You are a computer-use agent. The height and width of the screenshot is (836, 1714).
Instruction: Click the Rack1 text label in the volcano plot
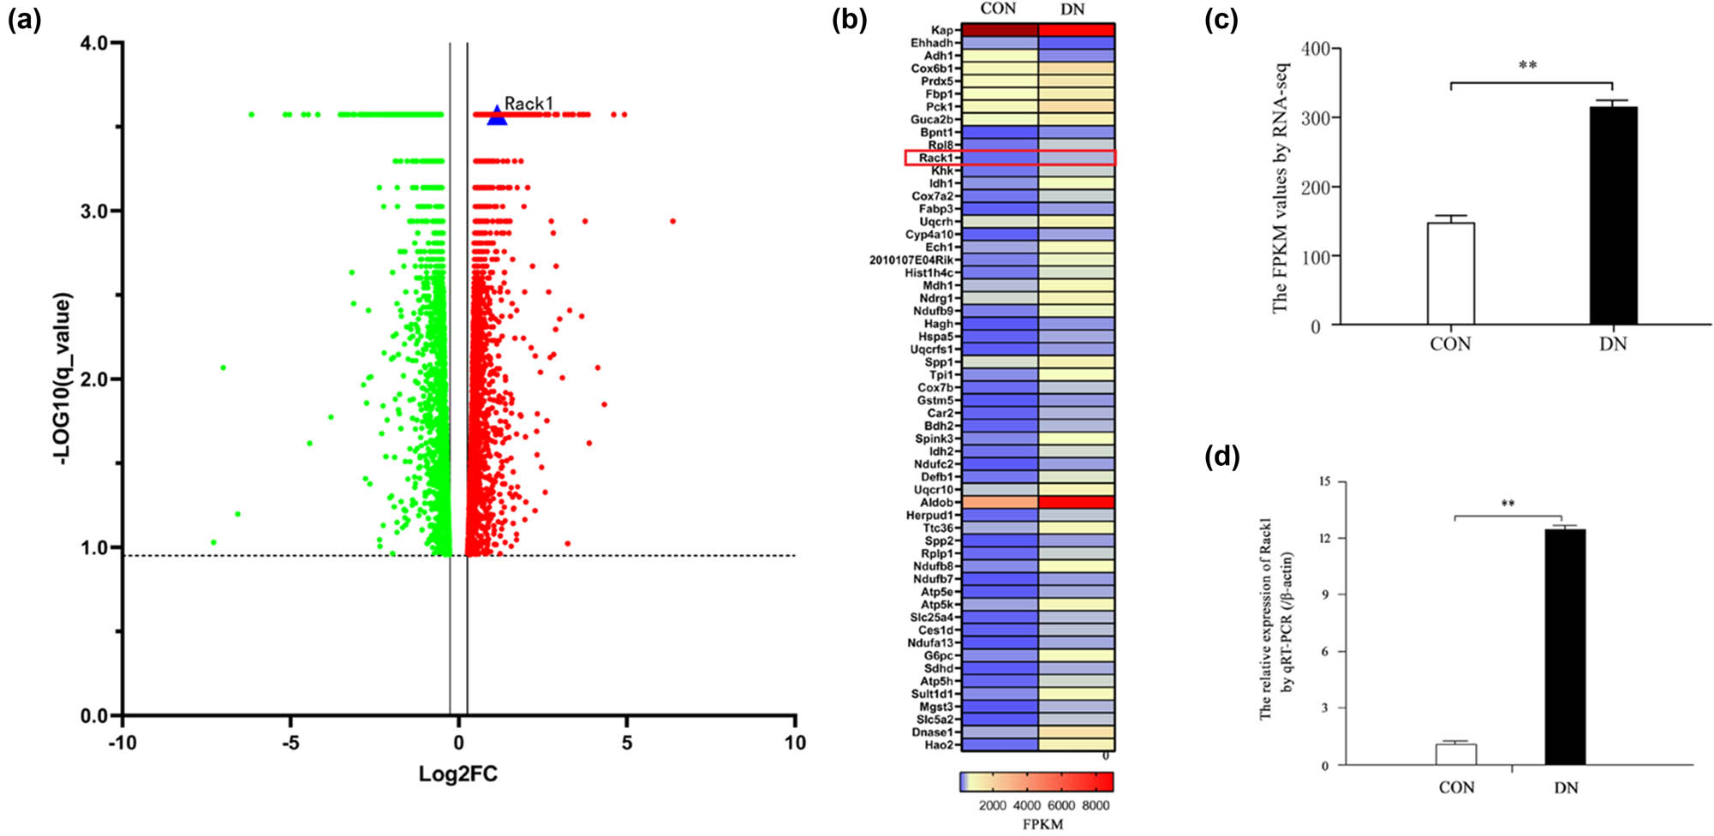[x=529, y=104]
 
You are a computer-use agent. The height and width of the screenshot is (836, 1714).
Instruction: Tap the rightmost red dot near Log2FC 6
[x=673, y=221]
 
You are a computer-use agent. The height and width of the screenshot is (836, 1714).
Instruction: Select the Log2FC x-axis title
[x=458, y=774]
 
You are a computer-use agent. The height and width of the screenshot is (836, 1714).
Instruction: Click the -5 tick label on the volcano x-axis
[x=290, y=743]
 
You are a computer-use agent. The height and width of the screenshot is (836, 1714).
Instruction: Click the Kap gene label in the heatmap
[x=941, y=30]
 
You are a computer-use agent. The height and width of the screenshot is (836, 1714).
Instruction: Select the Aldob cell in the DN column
[x=1076, y=502]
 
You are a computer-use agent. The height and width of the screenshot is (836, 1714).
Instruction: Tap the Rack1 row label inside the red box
[x=935, y=158]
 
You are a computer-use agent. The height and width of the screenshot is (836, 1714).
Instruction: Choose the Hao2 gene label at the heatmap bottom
[x=938, y=745]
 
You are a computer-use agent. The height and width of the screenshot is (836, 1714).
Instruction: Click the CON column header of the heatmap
[x=998, y=9]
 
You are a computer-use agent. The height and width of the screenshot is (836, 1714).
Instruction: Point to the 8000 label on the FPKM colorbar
[x=1096, y=805]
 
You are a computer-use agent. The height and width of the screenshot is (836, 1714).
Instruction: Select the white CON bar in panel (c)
[x=1450, y=274]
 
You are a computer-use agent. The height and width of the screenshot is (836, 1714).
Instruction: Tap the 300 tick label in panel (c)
[x=1315, y=118]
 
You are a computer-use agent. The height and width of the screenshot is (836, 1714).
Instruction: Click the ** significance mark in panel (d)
[x=1508, y=504]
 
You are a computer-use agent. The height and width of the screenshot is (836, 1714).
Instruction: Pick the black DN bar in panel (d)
[x=1565, y=647]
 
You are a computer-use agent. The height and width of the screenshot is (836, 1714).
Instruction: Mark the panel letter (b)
[x=849, y=19]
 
